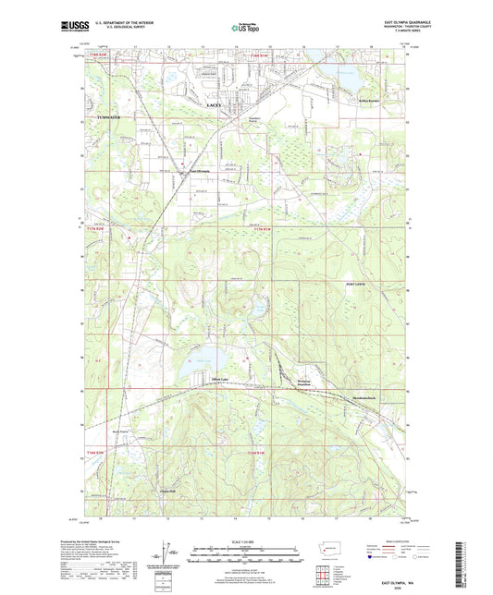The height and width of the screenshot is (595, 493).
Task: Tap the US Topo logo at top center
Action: (x=245, y=29)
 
